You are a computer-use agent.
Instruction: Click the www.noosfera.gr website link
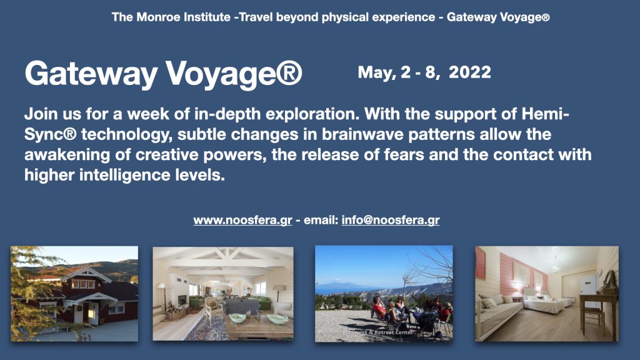(242, 221)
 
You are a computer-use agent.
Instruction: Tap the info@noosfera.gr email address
(391, 221)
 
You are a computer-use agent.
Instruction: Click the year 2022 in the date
(470, 72)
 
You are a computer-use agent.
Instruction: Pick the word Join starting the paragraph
(41, 114)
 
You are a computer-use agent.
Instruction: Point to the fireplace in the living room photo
(182, 301)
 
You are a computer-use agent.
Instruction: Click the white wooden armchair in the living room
(214, 310)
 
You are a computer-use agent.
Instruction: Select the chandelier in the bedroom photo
(555, 266)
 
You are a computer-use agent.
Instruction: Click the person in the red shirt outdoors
(379, 309)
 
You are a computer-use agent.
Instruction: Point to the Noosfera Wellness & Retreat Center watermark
(365, 332)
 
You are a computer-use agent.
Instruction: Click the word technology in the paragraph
(127, 135)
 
